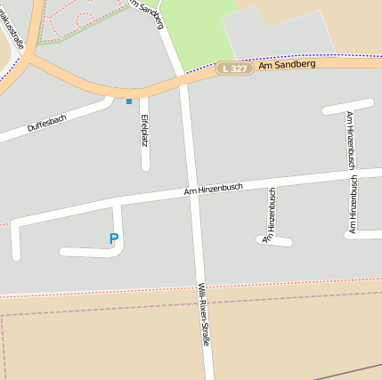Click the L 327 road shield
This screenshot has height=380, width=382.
click(233, 69)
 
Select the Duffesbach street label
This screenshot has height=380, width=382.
click(46, 125)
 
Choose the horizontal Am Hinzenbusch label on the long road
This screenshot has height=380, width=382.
click(214, 188)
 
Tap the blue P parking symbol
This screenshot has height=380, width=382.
click(113, 239)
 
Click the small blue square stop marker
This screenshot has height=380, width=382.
click(129, 101)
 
